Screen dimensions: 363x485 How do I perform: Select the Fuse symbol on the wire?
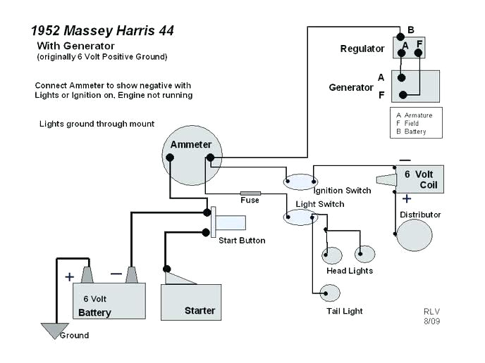tap(250, 193)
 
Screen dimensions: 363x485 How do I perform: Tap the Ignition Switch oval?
tap(300, 181)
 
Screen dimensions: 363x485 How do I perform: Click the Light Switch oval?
tap(300, 217)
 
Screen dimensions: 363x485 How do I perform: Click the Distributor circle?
tap(414, 235)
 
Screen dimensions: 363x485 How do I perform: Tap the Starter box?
tap(191, 301)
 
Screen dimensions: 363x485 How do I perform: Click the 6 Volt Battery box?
tap(109, 302)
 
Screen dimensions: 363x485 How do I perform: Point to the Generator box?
tap(415, 87)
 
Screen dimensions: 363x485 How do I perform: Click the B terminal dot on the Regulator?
tap(400, 36)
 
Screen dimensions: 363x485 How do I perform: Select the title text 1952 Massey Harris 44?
tap(102, 31)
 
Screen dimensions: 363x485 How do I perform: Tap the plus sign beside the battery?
tap(69, 276)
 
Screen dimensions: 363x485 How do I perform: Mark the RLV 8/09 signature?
tap(431, 316)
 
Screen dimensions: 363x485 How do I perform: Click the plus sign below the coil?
tap(407, 199)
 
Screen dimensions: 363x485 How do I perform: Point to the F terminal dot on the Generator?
tap(403, 95)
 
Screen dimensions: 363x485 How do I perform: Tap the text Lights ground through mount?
tap(97, 124)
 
